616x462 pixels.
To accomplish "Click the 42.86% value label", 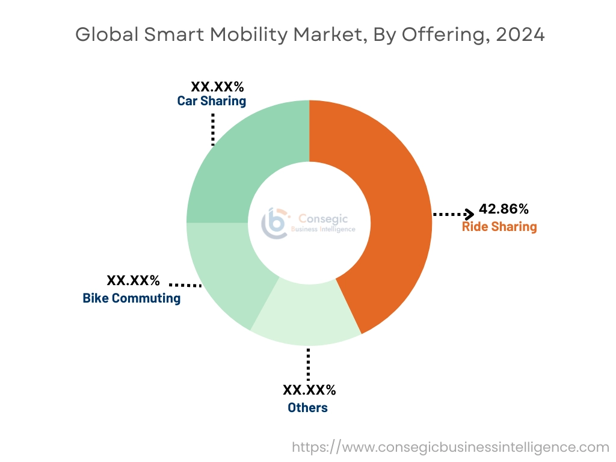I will tap(504, 209).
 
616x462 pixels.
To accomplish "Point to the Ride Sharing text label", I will tap(499, 227).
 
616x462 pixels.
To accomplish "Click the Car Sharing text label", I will tap(212, 101).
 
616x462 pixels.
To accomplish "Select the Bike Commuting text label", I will tap(132, 298).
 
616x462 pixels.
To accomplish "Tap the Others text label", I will tap(307, 408).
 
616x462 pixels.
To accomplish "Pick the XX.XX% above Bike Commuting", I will tap(133, 280).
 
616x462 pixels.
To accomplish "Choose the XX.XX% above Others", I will tap(309, 390).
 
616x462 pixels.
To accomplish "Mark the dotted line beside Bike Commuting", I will tap(185, 284).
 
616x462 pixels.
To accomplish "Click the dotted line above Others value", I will tap(308, 363).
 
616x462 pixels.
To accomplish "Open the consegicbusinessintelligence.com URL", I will tap(451, 447).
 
